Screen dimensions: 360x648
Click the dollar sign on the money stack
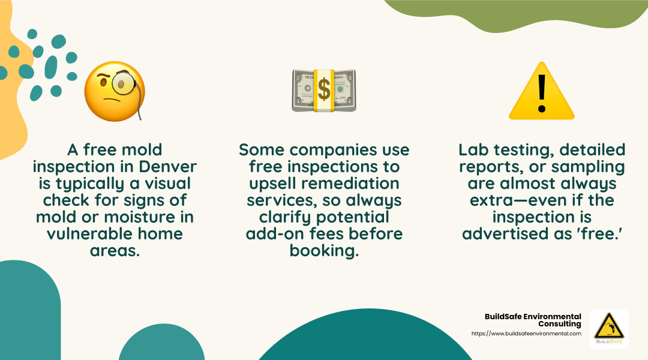324,90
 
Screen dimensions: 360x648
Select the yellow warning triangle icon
541,91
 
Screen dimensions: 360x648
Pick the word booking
324,250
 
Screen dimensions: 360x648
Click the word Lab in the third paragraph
471,149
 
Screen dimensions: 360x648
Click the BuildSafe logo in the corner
609,328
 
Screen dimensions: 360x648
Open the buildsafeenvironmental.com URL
526,334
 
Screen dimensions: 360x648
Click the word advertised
503,233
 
